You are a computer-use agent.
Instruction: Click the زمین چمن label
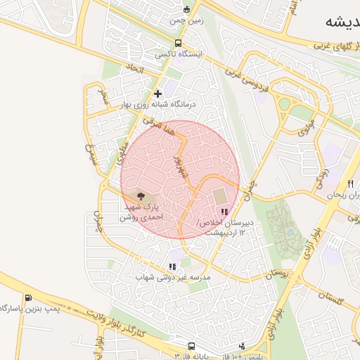tap(186, 20)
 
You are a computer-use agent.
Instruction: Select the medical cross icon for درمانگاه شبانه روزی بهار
tap(158, 94)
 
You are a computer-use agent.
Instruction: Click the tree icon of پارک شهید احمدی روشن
tap(141, 196)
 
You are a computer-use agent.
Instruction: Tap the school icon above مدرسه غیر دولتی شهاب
tap(172, 266)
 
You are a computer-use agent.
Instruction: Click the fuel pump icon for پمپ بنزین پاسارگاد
tap(28, 298)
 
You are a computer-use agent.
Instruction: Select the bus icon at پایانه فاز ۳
tap(191, 346)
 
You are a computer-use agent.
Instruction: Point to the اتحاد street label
tap(134, 70)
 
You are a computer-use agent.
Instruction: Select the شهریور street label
tap(181, 167)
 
